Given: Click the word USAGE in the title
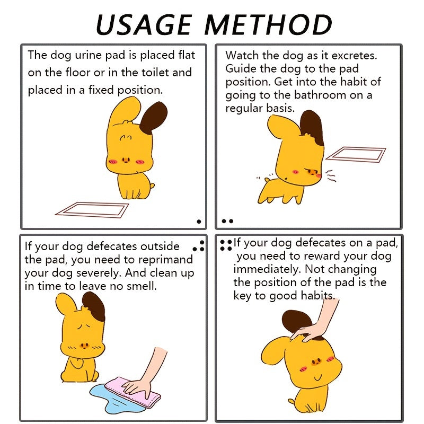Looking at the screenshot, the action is [144, 25].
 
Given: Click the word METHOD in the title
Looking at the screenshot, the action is [268, 25].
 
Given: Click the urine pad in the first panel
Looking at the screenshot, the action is [92, 210].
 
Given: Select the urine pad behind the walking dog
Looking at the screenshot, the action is [356, 154].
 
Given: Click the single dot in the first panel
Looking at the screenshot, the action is [199, 222].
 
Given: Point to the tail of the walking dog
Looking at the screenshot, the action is [267, 180].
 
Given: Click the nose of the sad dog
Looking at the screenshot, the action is [84, 346].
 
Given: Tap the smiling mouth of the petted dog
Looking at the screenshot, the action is [318, 377].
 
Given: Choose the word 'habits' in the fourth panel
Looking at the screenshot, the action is [318, 296].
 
